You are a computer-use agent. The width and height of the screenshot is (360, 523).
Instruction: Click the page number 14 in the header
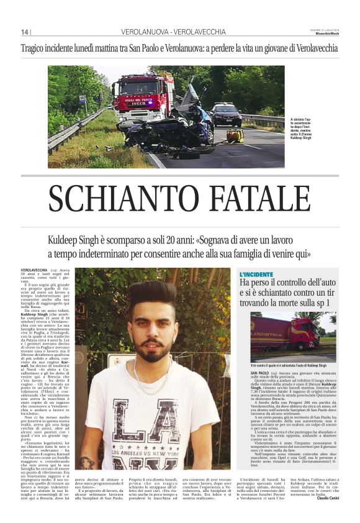(x=25, y=32)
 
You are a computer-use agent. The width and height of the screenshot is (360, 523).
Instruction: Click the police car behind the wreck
(x=227, y=115)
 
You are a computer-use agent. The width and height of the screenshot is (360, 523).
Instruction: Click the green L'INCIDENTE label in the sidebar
(x=256, y=273)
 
